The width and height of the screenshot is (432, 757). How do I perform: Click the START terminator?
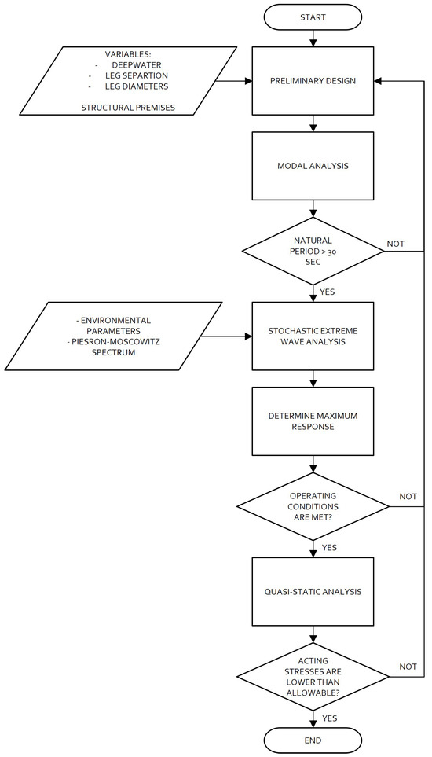coord(313,17)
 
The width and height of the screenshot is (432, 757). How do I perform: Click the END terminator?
coord(313,740)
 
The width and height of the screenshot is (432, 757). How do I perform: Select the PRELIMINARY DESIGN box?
coord(313,81)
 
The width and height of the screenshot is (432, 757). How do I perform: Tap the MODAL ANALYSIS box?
coord(313,166)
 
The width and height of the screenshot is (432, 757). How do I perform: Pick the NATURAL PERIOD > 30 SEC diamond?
coord(313,251)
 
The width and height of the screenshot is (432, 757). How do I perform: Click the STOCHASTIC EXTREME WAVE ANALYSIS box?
coord(313,336)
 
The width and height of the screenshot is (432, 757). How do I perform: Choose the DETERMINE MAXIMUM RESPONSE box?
coord(313,421)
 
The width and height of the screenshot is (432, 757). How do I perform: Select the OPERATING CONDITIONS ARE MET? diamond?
coord(313,506)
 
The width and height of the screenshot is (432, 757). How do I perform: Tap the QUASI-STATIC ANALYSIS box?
coord(313,591)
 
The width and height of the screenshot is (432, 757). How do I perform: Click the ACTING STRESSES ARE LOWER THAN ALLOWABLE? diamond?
coord(313,676)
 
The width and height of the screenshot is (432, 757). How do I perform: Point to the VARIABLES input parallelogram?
coord(129,81)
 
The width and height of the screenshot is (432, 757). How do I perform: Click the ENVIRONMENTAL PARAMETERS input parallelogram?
coord(114,336)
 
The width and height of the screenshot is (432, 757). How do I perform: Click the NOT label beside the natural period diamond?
coord(395,244)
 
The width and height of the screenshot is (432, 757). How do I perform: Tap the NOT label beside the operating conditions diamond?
coord(408,496)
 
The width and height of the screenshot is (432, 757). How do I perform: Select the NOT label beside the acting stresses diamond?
coord(408,667)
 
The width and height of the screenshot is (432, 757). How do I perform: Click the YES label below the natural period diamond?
coord(328,292)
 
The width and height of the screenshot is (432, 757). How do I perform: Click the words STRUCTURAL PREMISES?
coord(128,108)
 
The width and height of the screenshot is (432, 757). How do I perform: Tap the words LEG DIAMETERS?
coord(137,86)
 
